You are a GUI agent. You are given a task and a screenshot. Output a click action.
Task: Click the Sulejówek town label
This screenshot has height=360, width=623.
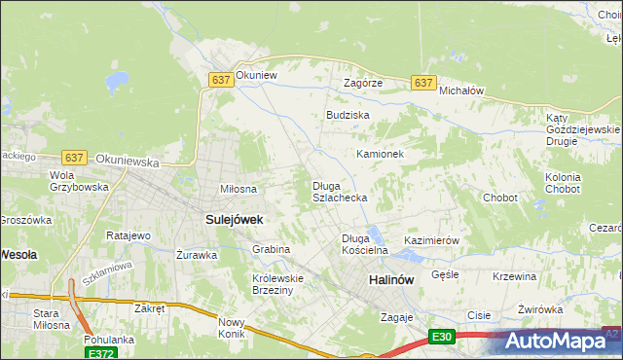(235, 220)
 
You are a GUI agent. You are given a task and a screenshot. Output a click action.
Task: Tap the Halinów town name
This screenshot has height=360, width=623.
(391, 279)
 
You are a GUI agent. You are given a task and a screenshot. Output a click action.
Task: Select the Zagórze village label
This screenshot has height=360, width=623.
(363, 84)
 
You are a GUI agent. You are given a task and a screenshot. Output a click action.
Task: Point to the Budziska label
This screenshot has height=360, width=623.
(348, 115)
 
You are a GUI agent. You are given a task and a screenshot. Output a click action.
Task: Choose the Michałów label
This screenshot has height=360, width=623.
(461, 90)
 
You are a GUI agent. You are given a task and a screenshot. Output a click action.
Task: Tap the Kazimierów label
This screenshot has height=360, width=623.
(431, 240)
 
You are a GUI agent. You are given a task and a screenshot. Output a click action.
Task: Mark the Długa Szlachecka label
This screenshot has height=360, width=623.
(339, 192)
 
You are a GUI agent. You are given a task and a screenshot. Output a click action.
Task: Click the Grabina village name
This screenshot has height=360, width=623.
(272, 249)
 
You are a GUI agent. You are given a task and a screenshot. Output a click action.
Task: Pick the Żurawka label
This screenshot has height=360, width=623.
(197, 255)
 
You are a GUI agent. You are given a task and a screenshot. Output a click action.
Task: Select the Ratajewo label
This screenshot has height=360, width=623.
(128, 235)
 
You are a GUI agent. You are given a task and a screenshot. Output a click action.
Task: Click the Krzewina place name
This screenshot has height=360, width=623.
(515, 276)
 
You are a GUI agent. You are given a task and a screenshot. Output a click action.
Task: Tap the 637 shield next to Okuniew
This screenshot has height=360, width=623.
(220, 81)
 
